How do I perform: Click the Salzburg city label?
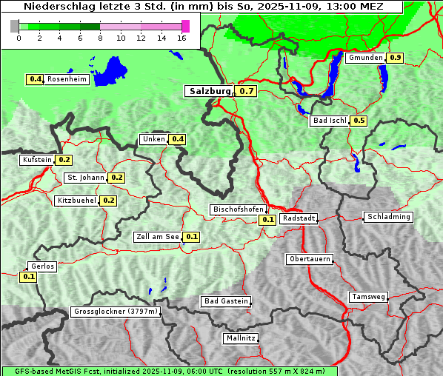pyautogui.click(x=208, y=91)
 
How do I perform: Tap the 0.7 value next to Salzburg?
pyautogui.click(x=247, y=91)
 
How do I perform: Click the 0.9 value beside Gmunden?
pyautogui.click(x=396, y=58)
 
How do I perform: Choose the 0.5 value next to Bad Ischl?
pyautogui.click(x=359, y=121)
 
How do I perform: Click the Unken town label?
pyautogui.click(x=153, y=139)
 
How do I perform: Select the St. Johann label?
pyautogui.click(x=86, y=178)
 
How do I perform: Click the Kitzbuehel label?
pyautogui.click(x=77, y=201)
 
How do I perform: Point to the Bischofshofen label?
pyautogui.click(x=238, y=210)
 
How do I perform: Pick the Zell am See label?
pyautogui.click(x=158, y=237)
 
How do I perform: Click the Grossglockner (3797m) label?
pyautogui.click(x=116, y=312)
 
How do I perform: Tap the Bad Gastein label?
pyautogui.click(x=226, y=301)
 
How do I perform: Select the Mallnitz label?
pyautogui.click(x=241, y=338)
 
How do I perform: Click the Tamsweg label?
pyautogui.click(x=368, y=297)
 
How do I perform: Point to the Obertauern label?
pyautogui.click(x=310, y=259)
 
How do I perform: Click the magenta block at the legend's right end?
pyautogui.click(x=185, y=26)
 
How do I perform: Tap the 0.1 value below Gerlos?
pyautogui.click(x=29, y=277)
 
